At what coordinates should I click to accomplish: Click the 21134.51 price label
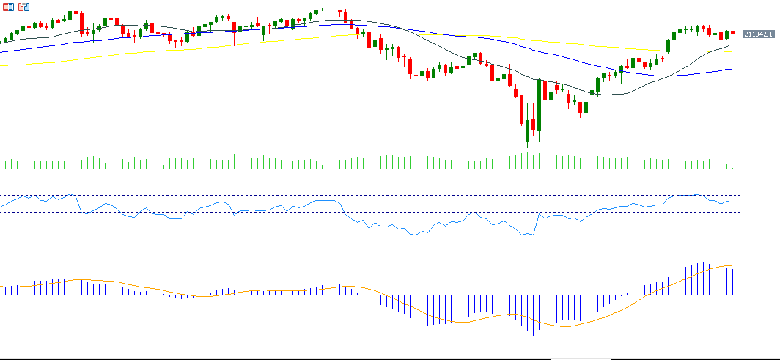(759, 34)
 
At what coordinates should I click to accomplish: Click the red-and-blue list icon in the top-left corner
(9, 7)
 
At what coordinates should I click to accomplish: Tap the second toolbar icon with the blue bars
(24, 7)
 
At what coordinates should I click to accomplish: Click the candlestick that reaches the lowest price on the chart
(527, 132)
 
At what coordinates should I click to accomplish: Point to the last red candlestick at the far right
(732, 32)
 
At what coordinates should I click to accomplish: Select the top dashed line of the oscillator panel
(367, 195)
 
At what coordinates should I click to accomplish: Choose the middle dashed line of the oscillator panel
(367, 212)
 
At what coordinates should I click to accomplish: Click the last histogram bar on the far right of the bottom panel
(732, 282)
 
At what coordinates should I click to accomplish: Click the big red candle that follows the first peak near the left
(81, 23)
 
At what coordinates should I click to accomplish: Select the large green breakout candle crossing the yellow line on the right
(668, 45)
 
